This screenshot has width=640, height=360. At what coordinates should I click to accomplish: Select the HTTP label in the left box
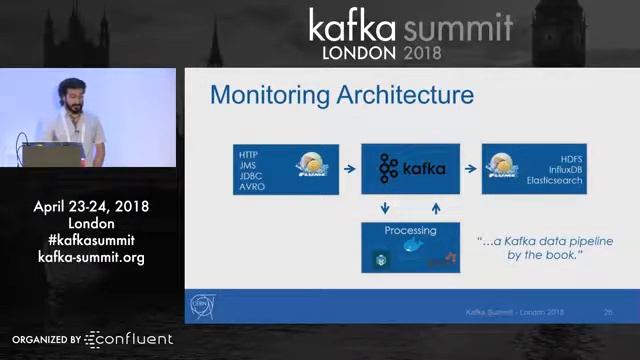[x=249, y=155]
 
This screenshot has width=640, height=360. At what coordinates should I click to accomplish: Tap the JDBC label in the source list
[x=251, y=176]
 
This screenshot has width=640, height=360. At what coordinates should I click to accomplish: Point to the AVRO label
[x=252, y=187]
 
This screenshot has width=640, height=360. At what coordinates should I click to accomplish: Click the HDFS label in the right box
[x=571, y=159]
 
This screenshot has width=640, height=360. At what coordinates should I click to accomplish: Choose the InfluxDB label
[x=564, y=170]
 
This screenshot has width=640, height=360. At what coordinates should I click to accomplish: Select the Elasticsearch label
[x=554, y=181]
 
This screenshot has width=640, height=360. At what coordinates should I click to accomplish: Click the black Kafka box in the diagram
[x=410, y=169]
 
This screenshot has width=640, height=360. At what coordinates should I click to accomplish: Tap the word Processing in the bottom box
[x=410, y=231]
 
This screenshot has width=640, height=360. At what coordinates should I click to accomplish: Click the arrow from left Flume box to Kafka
[x=349, y=169]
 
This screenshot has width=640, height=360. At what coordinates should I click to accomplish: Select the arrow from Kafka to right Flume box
[x=471, y=169]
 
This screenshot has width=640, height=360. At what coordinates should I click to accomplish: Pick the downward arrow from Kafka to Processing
[x=385, y=208]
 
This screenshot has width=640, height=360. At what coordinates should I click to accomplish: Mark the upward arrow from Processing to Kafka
[x=436, y=208]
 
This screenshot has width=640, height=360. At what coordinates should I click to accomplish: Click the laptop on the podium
[x=50, y=155]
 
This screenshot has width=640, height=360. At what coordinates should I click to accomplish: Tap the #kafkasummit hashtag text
[x=91, y=240]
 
